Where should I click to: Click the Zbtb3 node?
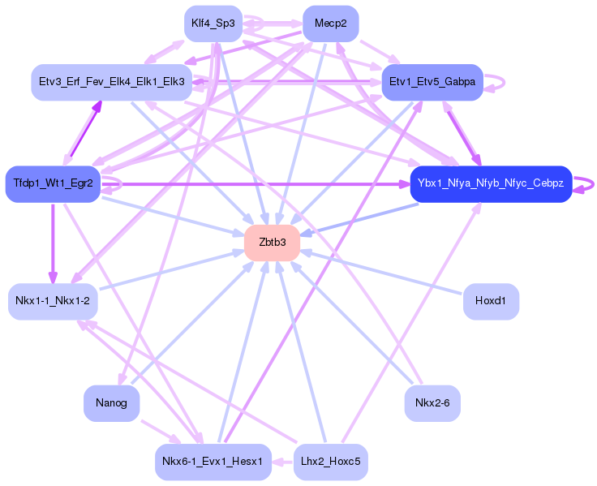coord(273,243)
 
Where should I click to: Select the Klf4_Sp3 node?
coord(213,24)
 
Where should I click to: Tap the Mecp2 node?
coord(330,24)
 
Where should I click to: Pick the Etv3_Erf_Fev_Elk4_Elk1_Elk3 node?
coord(112,82)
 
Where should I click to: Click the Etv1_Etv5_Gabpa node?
coord(432,82)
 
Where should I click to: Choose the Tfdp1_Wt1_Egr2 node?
coord(53,183)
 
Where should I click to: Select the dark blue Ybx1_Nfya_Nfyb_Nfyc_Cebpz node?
coord(491,183)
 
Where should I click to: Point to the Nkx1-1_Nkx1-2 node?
coord(53,301)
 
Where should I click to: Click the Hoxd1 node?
coord(491,301)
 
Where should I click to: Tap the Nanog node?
coord(112,403)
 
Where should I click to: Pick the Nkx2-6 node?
coord(432,403)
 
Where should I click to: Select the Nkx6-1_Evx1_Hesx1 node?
coord(213,462)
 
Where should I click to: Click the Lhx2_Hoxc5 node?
coord(330,462)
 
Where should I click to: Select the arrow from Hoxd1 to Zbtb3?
coord(381,273)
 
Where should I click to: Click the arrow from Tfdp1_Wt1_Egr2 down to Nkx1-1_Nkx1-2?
coord(53,243)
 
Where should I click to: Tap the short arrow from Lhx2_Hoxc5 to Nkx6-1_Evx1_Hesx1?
coord(282,462)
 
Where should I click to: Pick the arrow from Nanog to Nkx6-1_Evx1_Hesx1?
coord(161,432)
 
